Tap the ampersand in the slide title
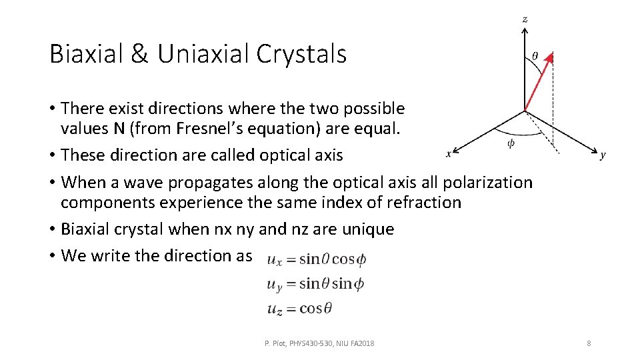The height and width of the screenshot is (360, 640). (x=140, y=54)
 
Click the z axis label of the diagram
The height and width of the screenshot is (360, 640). (x=525, y=19)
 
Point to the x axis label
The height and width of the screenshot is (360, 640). (x=449, y=154)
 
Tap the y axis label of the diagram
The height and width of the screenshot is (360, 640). (x=603, y=155)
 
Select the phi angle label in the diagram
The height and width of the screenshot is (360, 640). (x=511, y=143)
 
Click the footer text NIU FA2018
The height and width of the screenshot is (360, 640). (x=357, y=343)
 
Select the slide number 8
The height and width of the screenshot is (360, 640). (x=589, y=343)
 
